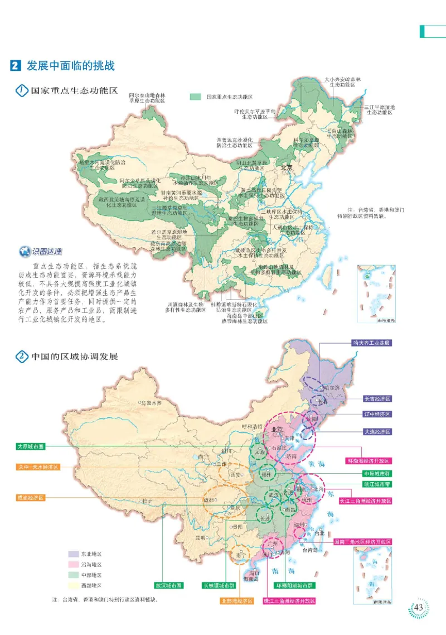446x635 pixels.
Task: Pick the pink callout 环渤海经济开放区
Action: click(x=370, y=461)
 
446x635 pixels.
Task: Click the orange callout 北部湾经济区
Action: click(x=235, y=600)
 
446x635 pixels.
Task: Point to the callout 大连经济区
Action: click(x=377, y=431)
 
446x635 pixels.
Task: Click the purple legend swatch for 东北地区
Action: click(x=73, y=554)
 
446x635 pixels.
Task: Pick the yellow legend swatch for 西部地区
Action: click(x=73, y=585)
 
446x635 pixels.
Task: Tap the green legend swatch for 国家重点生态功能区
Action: click(x=195, y=97)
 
